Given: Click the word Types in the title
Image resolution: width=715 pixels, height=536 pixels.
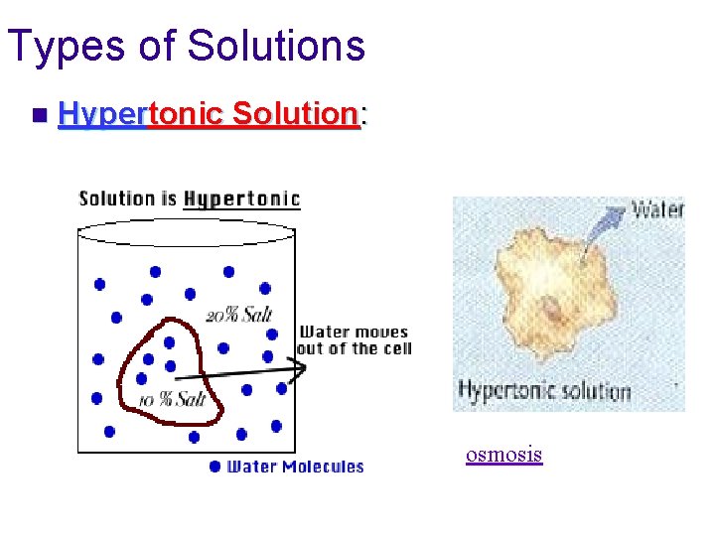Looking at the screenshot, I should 65,46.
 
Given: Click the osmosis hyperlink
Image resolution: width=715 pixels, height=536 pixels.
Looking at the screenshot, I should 504,455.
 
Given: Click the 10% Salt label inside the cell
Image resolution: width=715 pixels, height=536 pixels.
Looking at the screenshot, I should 173,399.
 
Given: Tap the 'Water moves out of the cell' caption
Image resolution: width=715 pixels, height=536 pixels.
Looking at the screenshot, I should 354,339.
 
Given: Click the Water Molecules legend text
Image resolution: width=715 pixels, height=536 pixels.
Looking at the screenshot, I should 296,467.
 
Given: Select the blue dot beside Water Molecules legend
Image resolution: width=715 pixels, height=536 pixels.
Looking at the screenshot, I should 214,467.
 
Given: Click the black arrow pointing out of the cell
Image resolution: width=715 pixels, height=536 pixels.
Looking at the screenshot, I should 238,371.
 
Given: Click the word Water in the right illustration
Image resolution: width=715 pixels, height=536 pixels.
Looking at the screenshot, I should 658,209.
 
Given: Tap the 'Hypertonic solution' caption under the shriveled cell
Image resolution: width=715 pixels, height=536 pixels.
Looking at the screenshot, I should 544,390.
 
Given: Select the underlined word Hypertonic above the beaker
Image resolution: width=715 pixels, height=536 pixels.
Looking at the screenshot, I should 241,199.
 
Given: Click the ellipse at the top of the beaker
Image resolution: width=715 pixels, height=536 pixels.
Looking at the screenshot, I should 186,232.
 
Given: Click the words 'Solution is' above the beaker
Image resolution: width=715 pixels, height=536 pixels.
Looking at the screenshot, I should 128,199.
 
